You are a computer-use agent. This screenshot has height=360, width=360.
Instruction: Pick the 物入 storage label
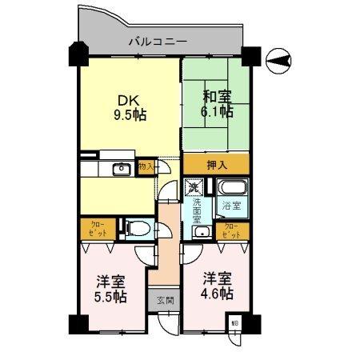[146, 167]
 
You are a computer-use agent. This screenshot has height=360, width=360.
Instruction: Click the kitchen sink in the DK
[122, 168]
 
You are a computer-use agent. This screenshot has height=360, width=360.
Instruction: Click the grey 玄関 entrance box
[162, 302]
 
